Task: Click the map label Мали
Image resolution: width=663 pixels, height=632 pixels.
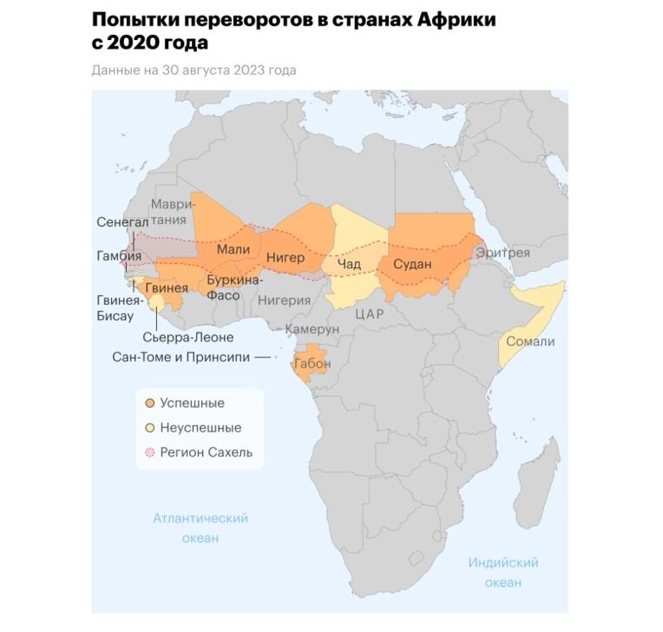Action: pyautogui.click(x=233, y=250)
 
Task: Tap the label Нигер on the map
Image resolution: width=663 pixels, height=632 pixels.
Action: pyautogui.click(x=286, y=257)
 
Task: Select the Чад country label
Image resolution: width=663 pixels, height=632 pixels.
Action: pyautogui.click(x=348, y=264)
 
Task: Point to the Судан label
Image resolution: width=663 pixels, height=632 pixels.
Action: pyautogui.click(x=412, y=264)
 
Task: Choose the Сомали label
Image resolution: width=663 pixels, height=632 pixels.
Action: pyautogui.click(x=529, y=341)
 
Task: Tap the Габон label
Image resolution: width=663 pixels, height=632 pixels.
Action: pyautogui.click(x=312, y=364)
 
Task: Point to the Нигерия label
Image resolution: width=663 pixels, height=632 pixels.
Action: pyautogui.click(x=284, y=300)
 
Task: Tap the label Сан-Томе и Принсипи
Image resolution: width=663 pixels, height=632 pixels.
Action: pyautogui.click(x=181, y=357)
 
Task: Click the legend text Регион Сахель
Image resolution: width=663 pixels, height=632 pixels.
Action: pyautogui.click(x=207, y=452)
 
